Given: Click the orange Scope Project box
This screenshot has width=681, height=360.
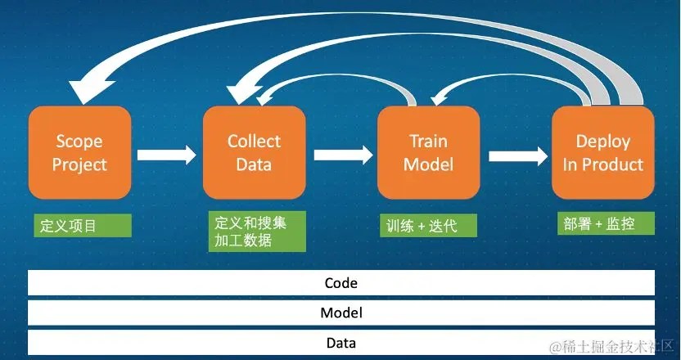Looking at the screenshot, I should click(x=79, y=153).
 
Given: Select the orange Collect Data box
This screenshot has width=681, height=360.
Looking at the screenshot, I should click(x=254, y=153).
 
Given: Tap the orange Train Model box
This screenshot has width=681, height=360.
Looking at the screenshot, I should click(x=428, y=153).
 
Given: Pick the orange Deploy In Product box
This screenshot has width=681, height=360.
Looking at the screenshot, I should click(x=602, y=153).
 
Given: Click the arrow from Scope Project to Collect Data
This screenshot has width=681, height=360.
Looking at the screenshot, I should click(x=167, y=154).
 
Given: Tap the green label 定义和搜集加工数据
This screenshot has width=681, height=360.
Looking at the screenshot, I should click(x=256, y=232).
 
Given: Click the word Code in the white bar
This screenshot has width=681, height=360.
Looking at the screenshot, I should click(x=341, y=283).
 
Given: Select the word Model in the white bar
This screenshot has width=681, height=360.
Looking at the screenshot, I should click(x=341, y=313).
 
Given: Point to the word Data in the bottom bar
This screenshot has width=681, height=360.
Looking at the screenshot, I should click(x=341, y=343).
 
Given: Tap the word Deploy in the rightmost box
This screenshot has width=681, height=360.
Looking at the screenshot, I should click(x=603, y=142).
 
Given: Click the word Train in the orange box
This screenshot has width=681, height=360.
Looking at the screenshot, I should click(x=428, y=142).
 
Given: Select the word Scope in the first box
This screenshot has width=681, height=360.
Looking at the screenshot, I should click(x=79, y=142).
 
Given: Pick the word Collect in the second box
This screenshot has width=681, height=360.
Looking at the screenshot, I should click(x=254, y=142).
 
